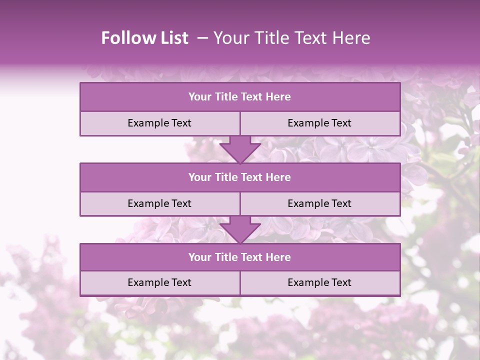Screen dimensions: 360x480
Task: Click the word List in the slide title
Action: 172,38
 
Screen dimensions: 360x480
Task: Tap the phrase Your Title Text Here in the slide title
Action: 291,38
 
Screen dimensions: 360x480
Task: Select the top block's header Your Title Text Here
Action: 239,97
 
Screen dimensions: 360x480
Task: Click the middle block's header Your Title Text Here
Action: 239,177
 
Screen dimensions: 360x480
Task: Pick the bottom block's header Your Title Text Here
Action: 239,257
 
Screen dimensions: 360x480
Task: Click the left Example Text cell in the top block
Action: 159,123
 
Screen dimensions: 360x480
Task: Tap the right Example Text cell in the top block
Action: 319,123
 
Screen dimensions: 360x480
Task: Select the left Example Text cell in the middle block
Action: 159,203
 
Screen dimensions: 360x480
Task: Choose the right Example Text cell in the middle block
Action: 319,203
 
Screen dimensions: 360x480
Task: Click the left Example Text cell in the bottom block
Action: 159,282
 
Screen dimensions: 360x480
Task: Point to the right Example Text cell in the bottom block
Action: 319,282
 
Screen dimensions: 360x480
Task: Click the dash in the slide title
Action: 202,38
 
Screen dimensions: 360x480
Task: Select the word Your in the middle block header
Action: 199,177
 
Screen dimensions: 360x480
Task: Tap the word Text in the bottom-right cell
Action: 341,282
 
